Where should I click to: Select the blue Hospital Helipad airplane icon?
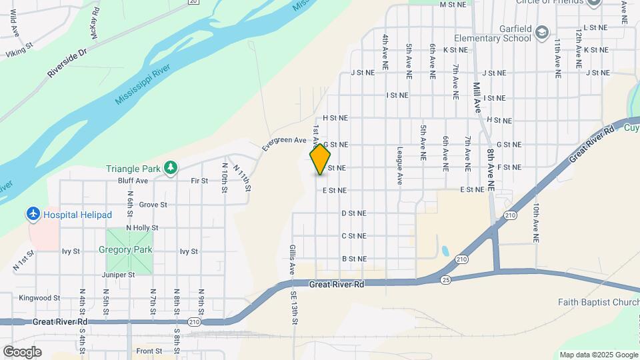click(33, 214)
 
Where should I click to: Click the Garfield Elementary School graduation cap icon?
click(543, 32)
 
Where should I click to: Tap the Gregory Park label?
click(125, 250)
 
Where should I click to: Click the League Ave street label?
click(400, 165)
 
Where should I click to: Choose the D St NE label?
click(354, 213)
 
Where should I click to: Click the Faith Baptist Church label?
click(598, 302)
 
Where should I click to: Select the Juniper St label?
click(119, 275)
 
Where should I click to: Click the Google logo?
click(22, 351)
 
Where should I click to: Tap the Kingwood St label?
click(39, 298)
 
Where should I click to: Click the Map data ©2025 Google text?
click(598, 355)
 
